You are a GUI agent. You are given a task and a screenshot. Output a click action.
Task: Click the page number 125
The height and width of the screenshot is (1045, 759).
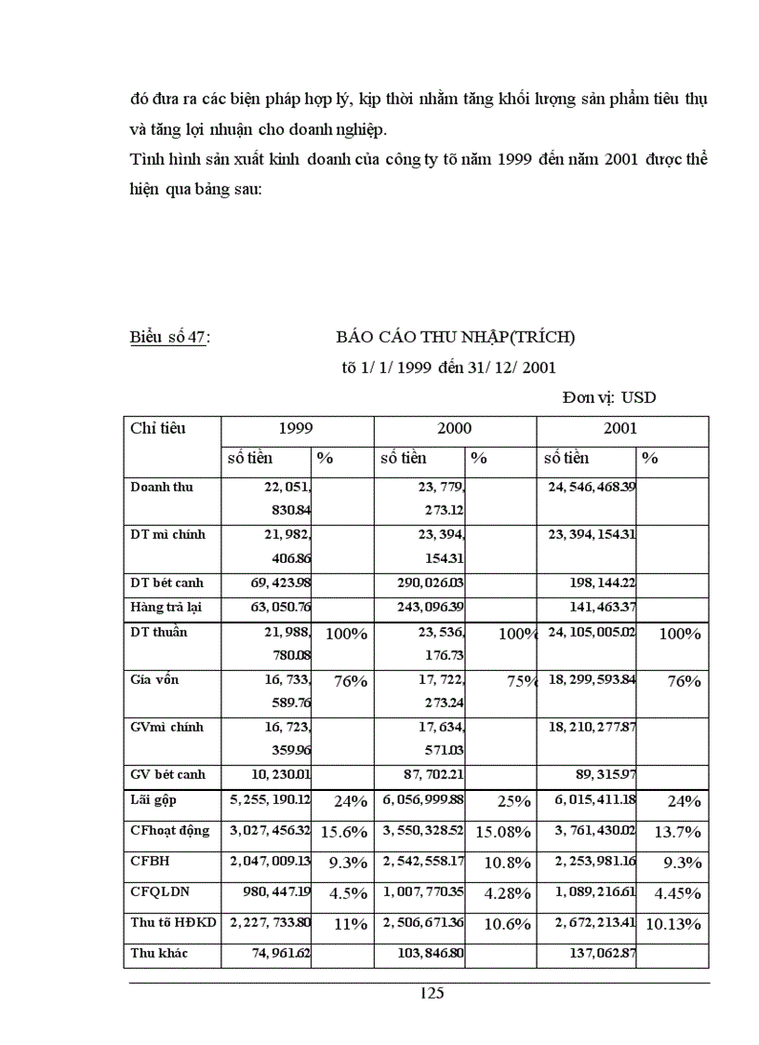(x=432, y=993)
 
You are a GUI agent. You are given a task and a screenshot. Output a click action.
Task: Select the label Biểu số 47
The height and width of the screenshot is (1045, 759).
(x=168, y=338)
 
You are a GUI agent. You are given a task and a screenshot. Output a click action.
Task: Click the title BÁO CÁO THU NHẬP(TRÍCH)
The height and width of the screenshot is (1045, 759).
(x=456, y=337)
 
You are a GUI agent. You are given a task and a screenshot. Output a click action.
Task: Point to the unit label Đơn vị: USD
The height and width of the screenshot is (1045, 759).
(x=609, y=398)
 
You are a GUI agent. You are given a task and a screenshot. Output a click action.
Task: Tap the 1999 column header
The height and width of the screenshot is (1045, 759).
(x=297, y=429)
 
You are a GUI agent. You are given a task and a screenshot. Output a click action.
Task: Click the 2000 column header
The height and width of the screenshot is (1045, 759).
(x=455, y=429)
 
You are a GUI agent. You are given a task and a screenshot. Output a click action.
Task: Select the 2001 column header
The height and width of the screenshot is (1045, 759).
(x=620, y=429)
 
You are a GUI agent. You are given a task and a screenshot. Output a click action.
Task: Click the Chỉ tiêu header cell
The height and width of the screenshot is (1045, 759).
(x=158, y=428)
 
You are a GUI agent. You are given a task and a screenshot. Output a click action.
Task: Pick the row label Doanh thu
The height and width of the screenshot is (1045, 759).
(x=162, y=487)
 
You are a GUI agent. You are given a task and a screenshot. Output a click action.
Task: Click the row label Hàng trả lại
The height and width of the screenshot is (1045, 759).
(x=166, y=607)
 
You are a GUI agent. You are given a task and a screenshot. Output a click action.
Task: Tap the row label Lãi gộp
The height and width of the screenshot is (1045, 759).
(x=154, y=799)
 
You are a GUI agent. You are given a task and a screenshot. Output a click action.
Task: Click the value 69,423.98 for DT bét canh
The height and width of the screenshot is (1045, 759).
(x=271, y=583)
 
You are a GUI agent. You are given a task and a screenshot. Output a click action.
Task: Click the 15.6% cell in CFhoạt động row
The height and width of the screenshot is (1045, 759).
(x=344, y=832)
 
